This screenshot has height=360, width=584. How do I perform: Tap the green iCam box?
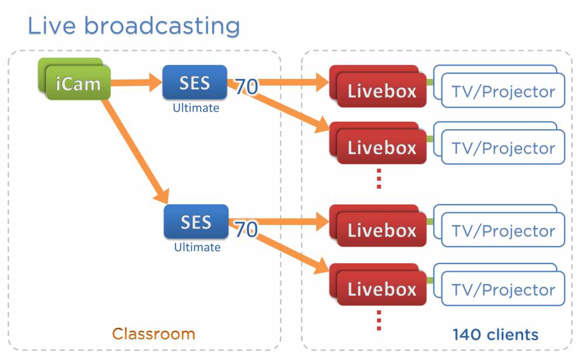tap(78, 83)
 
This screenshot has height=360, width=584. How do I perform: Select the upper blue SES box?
tap(195, 83)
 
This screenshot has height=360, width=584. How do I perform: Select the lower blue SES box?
tap(196, 222)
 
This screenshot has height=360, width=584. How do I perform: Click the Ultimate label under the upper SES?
tap(196, 108)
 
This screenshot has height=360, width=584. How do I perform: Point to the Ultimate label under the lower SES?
tap(197, 247)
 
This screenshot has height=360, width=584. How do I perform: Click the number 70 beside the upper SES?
tap(247, 86)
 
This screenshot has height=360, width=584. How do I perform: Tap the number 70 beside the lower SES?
tap(246, 229)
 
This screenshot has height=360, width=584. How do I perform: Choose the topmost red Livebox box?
tap(381, 91)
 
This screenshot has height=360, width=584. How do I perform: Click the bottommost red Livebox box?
tap(381, 289)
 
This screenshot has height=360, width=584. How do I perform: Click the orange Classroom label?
tap(153, 334)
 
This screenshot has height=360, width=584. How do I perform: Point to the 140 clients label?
tap(495, 334)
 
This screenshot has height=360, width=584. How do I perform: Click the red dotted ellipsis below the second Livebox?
tap(379, 178)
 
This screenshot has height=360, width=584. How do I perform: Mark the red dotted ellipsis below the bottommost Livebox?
tap(379, 320)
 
